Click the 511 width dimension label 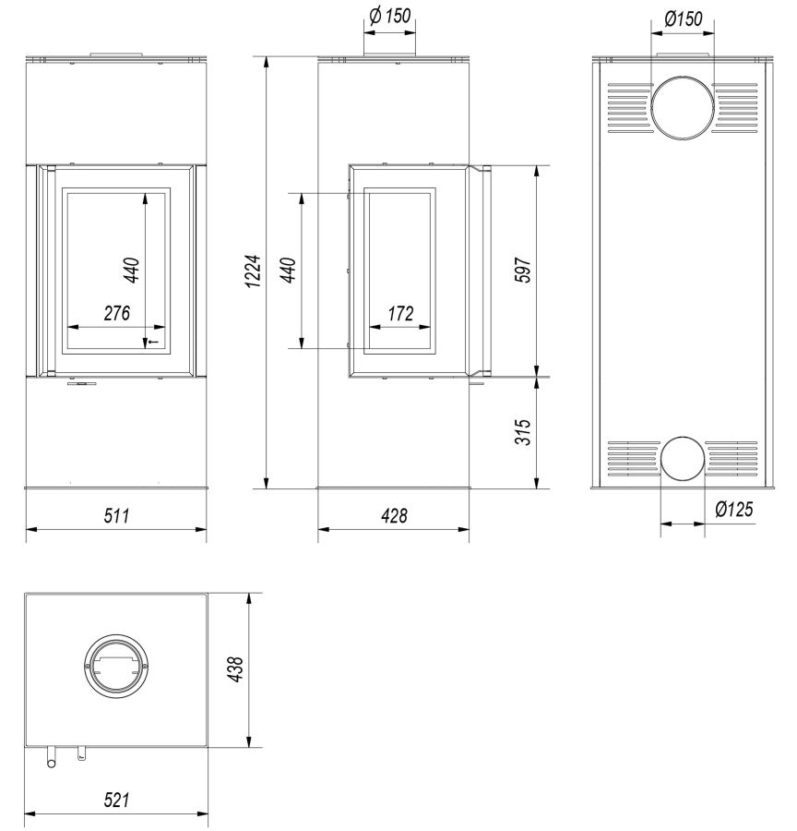[x=116, y=515]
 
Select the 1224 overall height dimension [x=254, y=271]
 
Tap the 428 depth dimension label [x=394, y=515]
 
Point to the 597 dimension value [x=523, y=270]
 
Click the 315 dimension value [x=523, y=432]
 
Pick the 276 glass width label [x=116, y=313]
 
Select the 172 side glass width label [x=400, y=314]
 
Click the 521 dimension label [x=116, y=800]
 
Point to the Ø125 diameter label [x=733, y=510]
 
